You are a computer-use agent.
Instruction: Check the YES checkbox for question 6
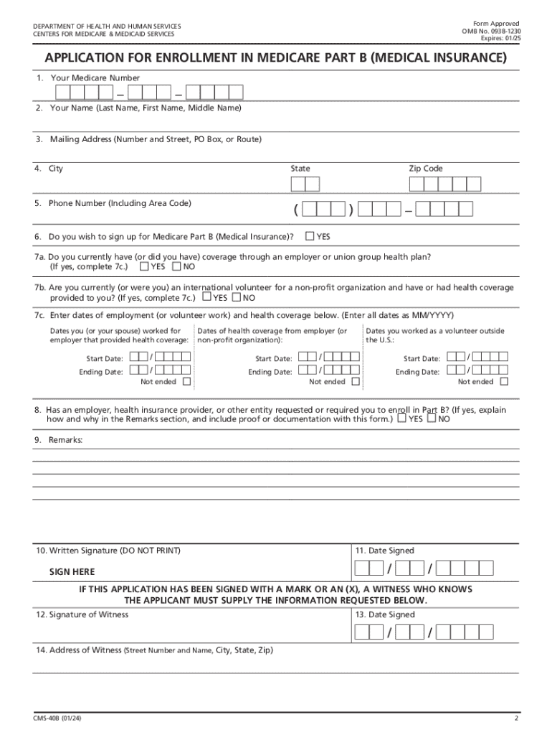click(x=310, y=236)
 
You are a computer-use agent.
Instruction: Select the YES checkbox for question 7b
click(x=207, y=297)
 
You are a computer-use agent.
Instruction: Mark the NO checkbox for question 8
click(x=431, y=418)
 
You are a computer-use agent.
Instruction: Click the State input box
click(x=305, y=184)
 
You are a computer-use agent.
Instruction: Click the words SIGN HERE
click(x=72, y=572)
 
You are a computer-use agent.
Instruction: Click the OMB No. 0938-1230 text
click(x=491, y=32)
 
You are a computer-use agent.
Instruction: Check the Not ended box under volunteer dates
click(x=503, y=382)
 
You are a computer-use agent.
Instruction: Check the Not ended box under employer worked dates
click(x=186, y=382)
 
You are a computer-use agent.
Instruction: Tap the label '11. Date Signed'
click(x=384, y=551)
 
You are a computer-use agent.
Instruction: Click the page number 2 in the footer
click(x=515, y=718)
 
